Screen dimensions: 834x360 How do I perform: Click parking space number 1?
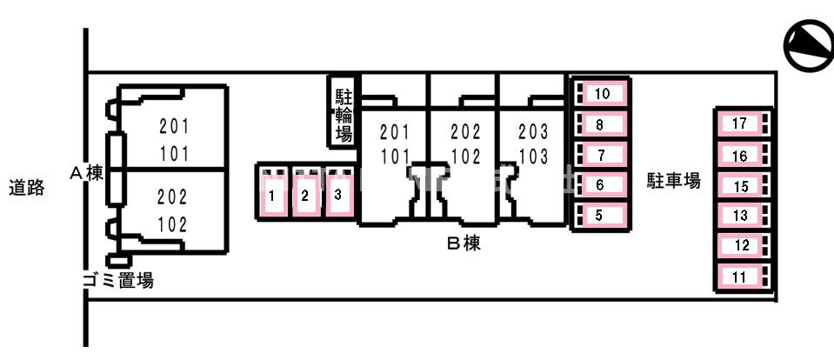273,192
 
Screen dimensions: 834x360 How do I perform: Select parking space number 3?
339,192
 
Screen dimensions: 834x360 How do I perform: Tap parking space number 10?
601,94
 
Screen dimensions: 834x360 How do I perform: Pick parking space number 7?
601,156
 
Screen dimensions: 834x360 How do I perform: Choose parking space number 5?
601,216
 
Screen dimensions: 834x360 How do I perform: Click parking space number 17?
743,123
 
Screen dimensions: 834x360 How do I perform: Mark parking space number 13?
743,216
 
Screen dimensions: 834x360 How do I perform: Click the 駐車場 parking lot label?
674,181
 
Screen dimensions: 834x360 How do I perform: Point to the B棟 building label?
464,244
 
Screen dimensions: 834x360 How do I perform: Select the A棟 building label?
86,173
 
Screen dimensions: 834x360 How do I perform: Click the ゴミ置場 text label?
118,280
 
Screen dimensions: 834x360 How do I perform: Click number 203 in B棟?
533,130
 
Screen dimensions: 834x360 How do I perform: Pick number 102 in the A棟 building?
173,225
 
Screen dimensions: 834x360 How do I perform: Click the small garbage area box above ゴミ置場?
118,261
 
